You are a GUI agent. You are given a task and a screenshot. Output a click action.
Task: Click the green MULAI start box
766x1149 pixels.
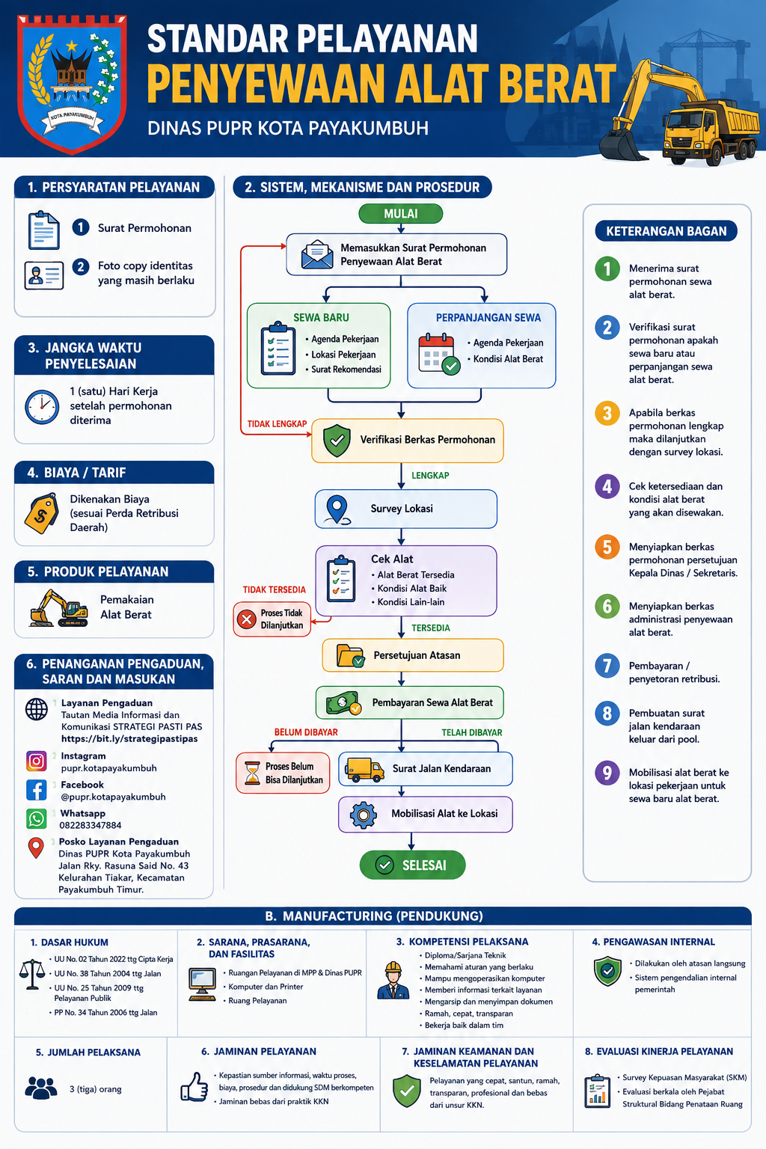point(400,213)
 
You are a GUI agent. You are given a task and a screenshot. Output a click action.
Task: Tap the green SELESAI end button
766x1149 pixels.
point(412,865)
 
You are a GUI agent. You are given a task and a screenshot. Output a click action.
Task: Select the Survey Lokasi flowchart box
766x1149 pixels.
point(406,509)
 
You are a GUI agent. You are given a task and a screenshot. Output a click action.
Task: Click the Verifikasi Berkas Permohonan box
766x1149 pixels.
point(408,440)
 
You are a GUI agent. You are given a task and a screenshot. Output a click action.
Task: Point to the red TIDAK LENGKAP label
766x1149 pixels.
point(277,423)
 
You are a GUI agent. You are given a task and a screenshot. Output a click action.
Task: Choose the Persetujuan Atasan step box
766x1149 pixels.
point(412,655)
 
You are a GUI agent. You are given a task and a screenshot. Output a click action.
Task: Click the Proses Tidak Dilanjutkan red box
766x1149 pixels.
point(272,619)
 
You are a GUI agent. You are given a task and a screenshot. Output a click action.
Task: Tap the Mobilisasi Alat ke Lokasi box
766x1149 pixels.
point(426,814)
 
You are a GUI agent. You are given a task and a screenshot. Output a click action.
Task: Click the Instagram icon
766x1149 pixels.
point(37,761)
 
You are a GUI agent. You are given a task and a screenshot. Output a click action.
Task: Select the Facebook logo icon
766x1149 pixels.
point(37,790)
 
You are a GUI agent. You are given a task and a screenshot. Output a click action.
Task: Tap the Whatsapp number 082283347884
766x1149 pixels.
point(91,825)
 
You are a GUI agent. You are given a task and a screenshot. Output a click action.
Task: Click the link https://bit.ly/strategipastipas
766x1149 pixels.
point(129,738)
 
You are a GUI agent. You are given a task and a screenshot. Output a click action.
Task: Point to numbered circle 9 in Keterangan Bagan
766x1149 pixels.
point(607,773)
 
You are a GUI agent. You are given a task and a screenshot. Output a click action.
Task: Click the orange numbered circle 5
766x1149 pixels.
point(607,547)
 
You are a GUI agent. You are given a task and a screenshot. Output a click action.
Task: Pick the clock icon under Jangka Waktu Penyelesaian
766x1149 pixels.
point(42,407)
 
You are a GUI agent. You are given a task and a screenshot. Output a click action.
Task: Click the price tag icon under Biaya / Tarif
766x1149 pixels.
point(41,513)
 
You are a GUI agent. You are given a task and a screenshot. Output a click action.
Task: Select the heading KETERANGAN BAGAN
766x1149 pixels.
point(666,231)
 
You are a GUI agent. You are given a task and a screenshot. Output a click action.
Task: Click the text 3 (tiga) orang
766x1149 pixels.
point(96,1089)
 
